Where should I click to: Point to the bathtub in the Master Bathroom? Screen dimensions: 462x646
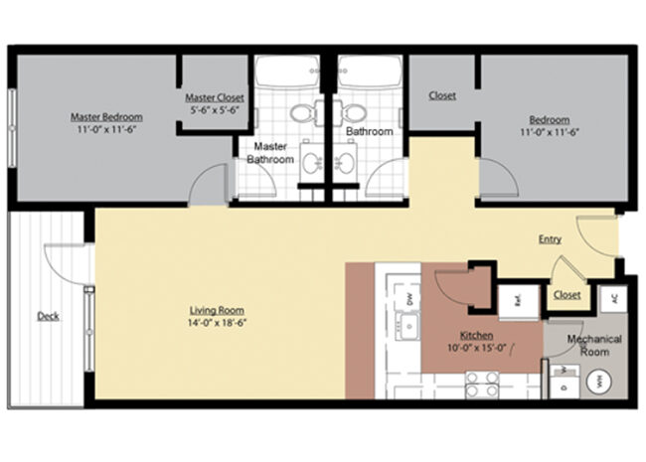[x=286, y=73]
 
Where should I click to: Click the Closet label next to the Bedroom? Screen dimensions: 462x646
[x=442, y=96]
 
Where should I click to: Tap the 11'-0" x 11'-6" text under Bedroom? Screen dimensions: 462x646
[x=549, y=131]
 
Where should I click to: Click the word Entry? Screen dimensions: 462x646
[x=550, y=239]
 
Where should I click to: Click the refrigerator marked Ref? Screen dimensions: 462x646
[x=516, y=299]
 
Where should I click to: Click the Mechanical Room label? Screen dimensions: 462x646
[x=594, y=345]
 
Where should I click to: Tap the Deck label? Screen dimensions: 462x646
[x=47, y=317]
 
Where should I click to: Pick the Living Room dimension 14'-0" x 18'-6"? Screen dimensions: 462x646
[x=217, y=323]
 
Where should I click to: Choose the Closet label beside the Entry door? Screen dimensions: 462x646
[x=566, y=295]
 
